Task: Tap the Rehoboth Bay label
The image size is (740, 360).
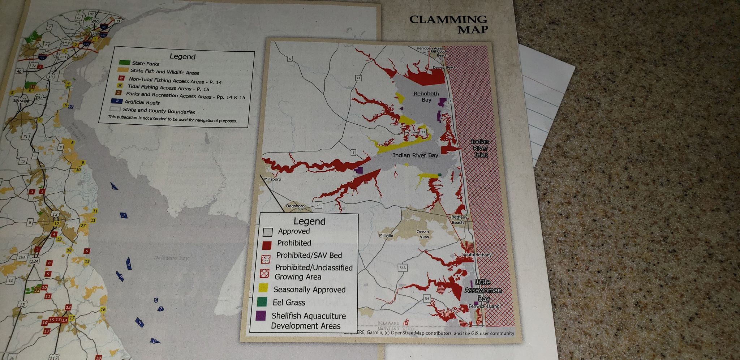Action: (x=426, y=97)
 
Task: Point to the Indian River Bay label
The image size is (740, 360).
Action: (x=415, y=155)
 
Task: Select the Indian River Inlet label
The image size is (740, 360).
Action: (x=480, y=148)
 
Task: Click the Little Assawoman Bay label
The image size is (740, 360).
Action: (x=483, y=290)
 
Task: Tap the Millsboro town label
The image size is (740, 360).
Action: (x=272, y=179)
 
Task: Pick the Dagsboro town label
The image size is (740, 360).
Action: (x=295, y=206)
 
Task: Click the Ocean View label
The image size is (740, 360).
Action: (x=423, y=234)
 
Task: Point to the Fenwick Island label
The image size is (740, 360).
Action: (x=483, y=306)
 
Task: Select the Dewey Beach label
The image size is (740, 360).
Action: (x=444, y=67)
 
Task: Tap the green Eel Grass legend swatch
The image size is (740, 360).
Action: (x=262, y=301)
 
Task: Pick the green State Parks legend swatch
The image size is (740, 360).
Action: (x=124, y=63)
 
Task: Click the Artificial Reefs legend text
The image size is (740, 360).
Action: (x=142, y=102)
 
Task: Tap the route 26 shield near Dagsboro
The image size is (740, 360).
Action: (x=318, y=205)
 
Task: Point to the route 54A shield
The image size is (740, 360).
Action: (x=403, y=268)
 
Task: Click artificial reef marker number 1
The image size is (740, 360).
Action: (x=114, y=187)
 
